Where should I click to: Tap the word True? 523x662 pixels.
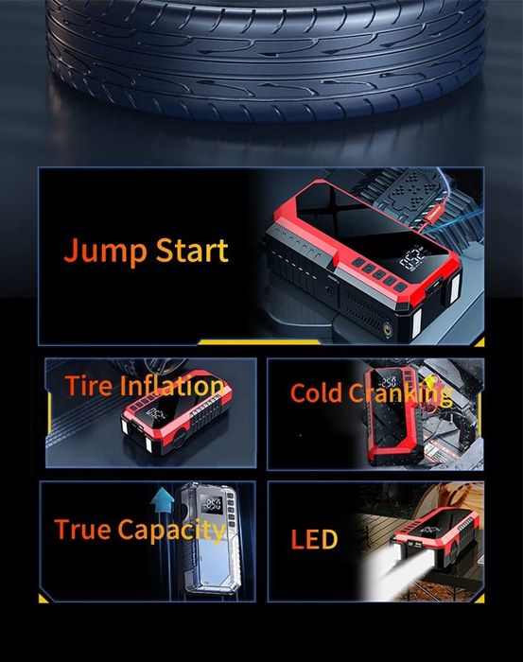tap(82, 530)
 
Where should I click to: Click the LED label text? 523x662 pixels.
tap(313, 540)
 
